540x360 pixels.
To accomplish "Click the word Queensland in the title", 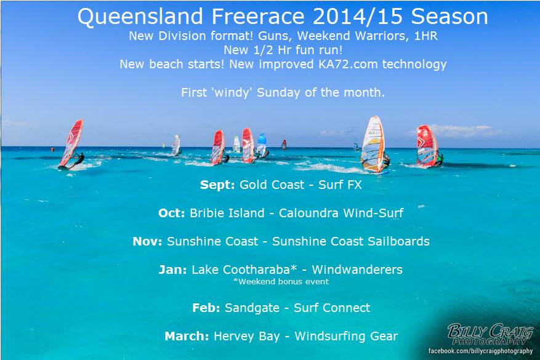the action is pyautogui.click(x=140, y=17).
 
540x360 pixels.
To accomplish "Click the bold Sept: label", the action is pyautogui.click(x=217, y=185).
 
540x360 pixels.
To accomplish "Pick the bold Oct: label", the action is pyautogui.click(x=172, y=213).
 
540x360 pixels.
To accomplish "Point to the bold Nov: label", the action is pyautogui.click(x=147, y=241).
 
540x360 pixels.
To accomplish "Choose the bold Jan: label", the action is pyautogui.click(x=172, y=270).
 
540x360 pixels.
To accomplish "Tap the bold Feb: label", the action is pyautogui.click(x=206, y=308).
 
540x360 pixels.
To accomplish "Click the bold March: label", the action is pyautogui.click(x=187, y=336).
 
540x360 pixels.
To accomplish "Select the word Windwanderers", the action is pyautogui.click(x=357, y=270).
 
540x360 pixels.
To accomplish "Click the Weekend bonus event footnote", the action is pyautogui.click(x=281, y=281).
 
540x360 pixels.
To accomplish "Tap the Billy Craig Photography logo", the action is pyautogui.click(x=490, y=334).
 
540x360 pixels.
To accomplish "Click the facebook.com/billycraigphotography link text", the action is pyautogui.click(x=480, y=351).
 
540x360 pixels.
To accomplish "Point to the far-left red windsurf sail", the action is pyautogui.click(x=71, y=143).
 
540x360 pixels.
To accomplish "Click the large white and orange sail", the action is pyautogui.click(x=373, y=145).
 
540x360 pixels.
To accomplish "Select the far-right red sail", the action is pyautogui.click(x=427, y=146).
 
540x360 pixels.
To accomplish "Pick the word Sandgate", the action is pyautogui.click(x=252, y=308).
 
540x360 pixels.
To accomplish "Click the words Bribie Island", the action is pyautogui.click(x=227, y=213).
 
